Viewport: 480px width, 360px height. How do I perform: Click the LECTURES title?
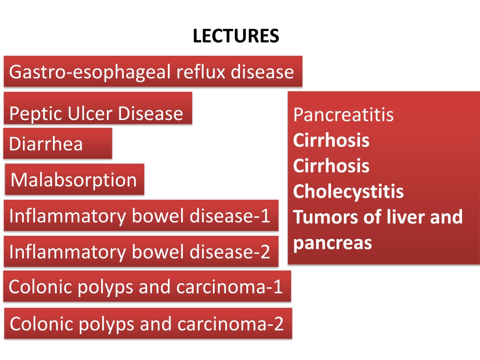[236, 36]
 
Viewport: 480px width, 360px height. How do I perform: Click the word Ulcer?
[90, 113]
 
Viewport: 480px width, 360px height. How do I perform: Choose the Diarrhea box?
[58, 143]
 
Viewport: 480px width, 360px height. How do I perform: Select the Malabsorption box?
[75, 180]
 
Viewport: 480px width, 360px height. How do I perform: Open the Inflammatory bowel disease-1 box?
[141, 216]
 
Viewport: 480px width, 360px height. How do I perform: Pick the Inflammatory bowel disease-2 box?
[141, 251]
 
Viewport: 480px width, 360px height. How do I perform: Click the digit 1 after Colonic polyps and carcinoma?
[277, 287]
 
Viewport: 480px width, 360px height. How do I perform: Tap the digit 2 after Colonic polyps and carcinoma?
[278, 324]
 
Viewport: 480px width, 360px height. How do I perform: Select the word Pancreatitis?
[343, 115]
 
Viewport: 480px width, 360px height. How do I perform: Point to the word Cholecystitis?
[348, 192]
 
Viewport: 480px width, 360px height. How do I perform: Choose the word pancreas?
[332, 244]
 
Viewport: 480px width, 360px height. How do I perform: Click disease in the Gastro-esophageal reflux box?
[262, 72]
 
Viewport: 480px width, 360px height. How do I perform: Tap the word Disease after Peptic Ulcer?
[150, 113]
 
